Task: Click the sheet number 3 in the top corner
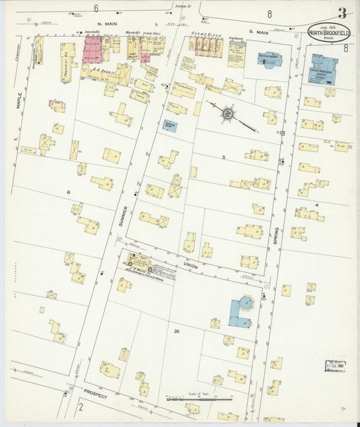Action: pos(343,13)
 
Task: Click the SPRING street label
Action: pos(276,234)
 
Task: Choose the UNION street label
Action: pos(190,266)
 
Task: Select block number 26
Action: pos(176,331)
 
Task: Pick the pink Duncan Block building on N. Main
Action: pos(92,50)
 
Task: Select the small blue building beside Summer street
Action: pos(170,125)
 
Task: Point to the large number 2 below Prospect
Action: pos(80,407)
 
